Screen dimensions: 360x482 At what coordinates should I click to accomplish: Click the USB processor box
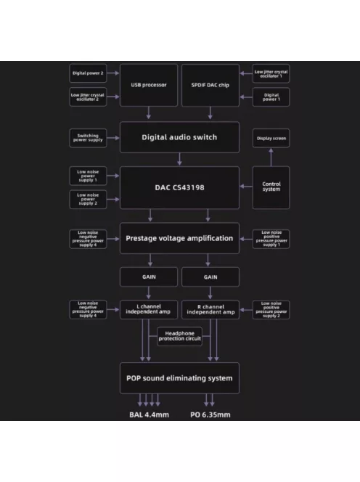coord(149,85)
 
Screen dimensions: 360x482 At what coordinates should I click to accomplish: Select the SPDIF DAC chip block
coord(210,85)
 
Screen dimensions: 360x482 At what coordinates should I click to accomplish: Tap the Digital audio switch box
coord(179,137)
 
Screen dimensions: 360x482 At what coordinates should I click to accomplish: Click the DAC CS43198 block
coord(179,187)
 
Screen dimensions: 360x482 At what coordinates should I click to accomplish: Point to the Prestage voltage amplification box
coord(179,238)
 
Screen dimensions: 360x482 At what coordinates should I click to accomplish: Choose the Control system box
coord(271,187)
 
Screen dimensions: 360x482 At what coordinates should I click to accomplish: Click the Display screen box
coord(271,139)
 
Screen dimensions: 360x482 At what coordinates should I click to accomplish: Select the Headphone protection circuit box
coord(179,336)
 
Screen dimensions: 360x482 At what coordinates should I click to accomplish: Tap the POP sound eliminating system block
coord(179,378)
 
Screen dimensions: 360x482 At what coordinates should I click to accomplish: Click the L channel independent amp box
coord(149,309)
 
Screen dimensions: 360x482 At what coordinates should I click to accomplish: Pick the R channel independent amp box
coord(210,309)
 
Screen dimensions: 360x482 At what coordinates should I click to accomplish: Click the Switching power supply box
coord(88,138)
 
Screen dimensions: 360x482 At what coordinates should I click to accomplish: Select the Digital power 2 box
coord(88,73)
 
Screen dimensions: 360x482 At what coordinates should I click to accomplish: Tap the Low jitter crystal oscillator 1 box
coord(271,73)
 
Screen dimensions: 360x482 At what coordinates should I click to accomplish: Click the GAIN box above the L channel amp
coord(149,277)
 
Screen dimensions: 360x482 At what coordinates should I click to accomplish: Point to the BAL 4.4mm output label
coord(149,414)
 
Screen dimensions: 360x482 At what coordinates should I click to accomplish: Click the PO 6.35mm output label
coord(210,414)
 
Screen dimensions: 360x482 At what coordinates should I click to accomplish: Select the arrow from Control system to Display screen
coord(271,157)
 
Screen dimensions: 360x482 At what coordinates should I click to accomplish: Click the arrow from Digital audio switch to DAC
coord(179,159)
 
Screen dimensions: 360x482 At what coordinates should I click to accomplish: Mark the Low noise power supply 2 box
coord(88,199)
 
